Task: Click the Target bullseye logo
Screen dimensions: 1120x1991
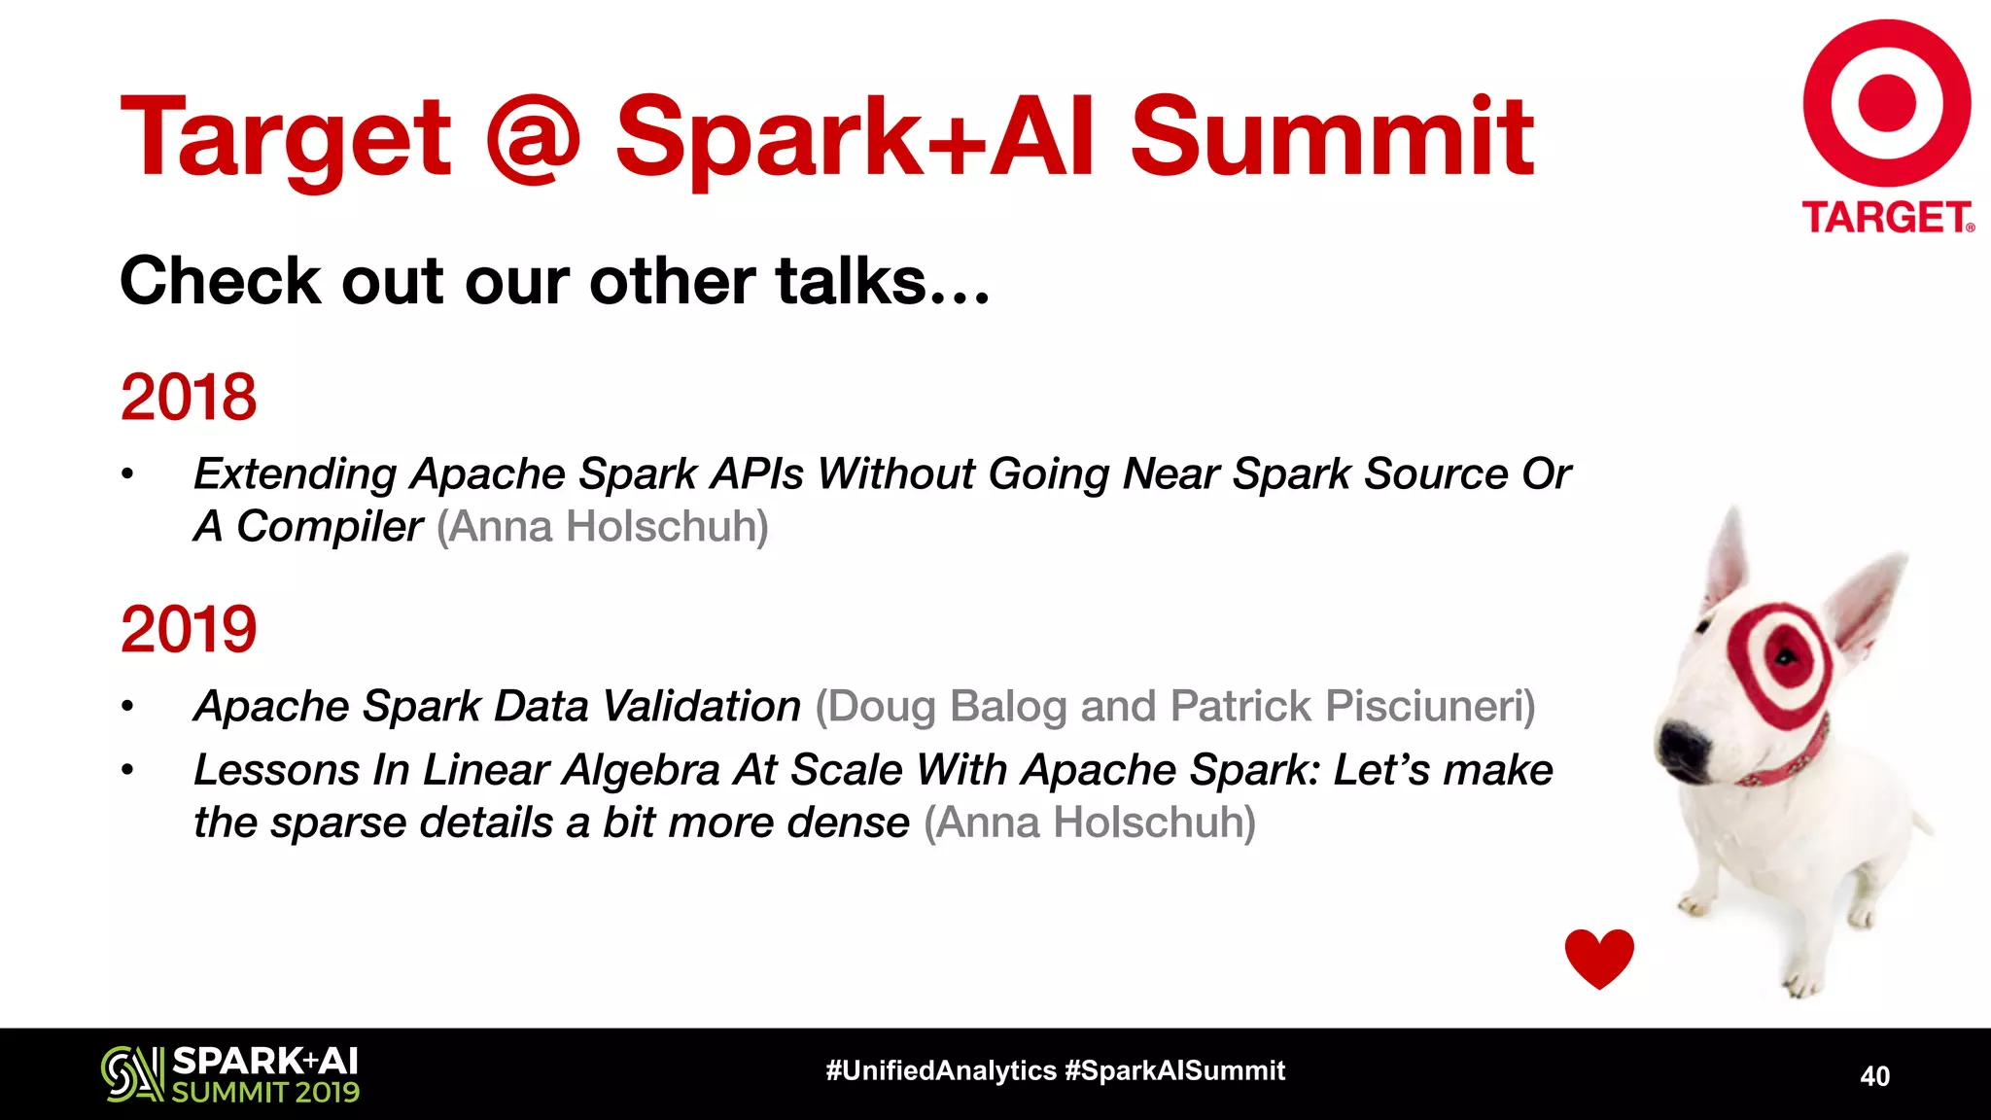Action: (x=1886, y=102)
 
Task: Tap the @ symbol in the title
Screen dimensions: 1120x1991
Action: (x=532, y=138)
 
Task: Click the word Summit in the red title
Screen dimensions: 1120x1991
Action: (x=1332, y=138)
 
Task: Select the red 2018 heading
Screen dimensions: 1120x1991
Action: (x=189, y=397)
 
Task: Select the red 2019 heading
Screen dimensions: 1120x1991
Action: (x=189, y=629)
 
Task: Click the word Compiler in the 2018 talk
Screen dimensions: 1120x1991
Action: (x=330, y=527)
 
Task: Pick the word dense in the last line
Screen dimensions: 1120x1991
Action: (x=848, y=822)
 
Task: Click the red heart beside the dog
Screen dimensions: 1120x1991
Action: (x=1599, y=958)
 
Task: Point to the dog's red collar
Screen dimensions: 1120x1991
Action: (x=1789, y=763)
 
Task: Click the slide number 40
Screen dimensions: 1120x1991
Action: (x=1874, y=1076)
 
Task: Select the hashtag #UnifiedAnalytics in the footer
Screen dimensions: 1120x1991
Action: (x=940, y=1070)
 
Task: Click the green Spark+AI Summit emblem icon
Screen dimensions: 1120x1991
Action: (x=132, y=1073)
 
